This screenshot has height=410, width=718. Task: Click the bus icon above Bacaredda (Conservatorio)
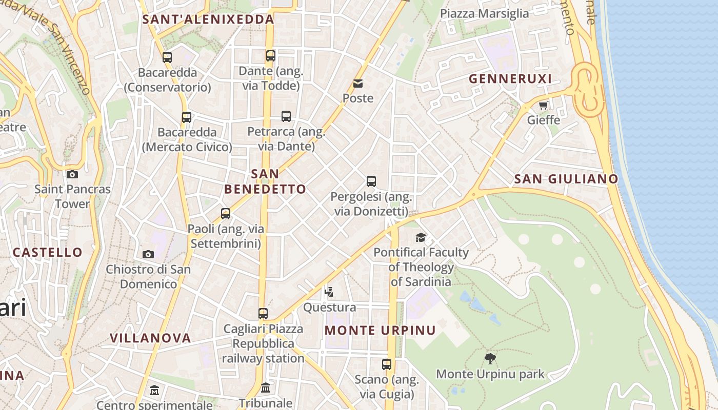click(x=167, y=57)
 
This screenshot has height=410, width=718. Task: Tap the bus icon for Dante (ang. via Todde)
click(x=271, y=56)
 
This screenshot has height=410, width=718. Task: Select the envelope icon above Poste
click(x=358, y=83)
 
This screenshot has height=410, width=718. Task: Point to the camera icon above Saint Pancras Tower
click(x=72, y=174)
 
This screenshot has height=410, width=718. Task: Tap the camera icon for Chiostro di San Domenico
click(x=148, y=254)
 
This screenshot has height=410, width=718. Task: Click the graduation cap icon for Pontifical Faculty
click(x=421, y=237)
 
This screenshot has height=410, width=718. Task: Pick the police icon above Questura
click(x=329, y=292)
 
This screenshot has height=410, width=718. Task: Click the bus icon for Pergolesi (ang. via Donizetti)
click(x=371, y=181)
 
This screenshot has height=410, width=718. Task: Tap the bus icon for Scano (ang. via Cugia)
click(x=387, y=364)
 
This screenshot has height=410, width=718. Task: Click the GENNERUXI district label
click(x=510, y=79)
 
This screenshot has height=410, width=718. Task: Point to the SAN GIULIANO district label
click(x=566, y=179)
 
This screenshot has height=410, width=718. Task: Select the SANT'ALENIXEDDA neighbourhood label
click(x=208, y=19)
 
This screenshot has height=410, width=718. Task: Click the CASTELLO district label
click(x=47, y=252)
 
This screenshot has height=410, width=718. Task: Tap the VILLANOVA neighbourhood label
click(x=150, y=338)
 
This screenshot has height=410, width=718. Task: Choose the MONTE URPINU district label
click(x=380, y=331)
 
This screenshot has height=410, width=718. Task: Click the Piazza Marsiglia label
click(x=485, y=13)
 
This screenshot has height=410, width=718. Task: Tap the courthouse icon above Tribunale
click(x=266, y=388)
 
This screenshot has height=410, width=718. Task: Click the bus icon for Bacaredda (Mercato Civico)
click(x=187, y=117)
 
